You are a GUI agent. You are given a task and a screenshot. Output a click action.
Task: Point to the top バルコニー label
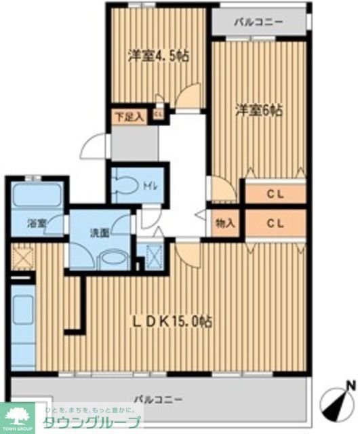point(258,22)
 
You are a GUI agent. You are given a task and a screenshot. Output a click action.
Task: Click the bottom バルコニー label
point(158,399)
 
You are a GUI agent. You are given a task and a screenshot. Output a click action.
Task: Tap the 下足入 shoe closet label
point(128,117)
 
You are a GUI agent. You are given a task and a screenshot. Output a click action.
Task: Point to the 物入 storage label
point(225,222)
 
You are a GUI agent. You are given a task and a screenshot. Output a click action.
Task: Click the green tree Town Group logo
point(20,415)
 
